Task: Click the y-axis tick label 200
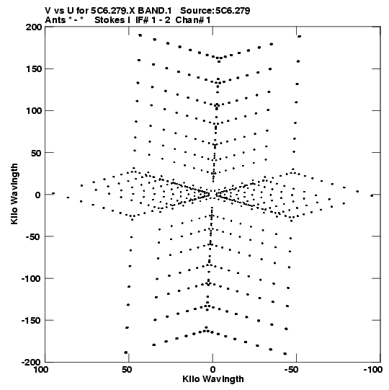[x=34, y=27]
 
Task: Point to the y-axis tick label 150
[x=34, y=69]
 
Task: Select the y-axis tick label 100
[x=34, y=111]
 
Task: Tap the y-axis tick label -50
[x=33, y=236]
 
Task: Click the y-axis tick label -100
[x=31, y=278]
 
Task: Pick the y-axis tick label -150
[x=31, y=320]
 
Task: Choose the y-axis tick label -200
[x=31, y=362]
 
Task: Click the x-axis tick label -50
[x=291, y=370]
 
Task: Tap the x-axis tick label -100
[x=373, y=370]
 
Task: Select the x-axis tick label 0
[x=213, y=370]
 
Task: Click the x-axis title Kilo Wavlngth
[x=213, y=379]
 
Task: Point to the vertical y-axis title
[x=14, y=194]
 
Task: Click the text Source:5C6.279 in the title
[x=215, y=11]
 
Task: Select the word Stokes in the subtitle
[x=110, y=20]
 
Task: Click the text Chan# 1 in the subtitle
[x=193, y=20]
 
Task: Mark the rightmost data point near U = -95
[x=372, y=196]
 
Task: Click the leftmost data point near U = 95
[x=53, y=193]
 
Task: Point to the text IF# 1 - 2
[x=153, y=20]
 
